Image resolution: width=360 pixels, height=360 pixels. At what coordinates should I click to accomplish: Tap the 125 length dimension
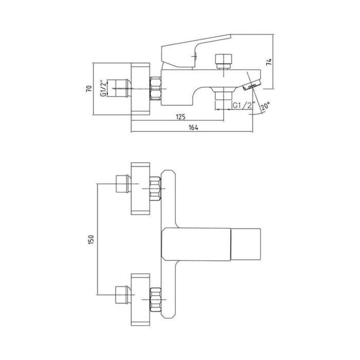pos(180,117)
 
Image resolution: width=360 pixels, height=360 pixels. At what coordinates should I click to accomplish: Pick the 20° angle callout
pos(265,107)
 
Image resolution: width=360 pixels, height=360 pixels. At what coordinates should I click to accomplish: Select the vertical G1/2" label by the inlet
pos(104,88)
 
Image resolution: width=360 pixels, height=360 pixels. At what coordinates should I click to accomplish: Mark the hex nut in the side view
pos(155,88)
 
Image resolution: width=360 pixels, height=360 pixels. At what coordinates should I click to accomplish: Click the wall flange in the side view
pos(140,88)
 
